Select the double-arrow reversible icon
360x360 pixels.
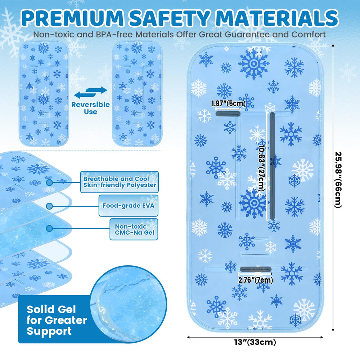(90, 93)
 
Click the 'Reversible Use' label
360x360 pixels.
(90, 108)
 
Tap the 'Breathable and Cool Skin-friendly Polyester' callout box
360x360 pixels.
(120, 182)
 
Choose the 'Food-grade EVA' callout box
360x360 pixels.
(129, 206)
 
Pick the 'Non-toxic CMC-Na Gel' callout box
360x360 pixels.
(134, 229)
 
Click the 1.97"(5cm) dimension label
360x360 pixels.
(228, 104)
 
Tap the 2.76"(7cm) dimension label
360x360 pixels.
(256, 280)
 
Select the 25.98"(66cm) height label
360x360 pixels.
(338, 180)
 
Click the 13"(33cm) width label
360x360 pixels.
(255, 342)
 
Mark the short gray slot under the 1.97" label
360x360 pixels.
(228, 114)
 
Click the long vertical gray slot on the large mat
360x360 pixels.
(272, 166)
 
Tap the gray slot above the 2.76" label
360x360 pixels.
(256, 269)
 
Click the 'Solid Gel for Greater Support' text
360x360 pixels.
(57, 320)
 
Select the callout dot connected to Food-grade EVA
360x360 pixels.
(49, 206)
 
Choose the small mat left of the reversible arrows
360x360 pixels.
(44, 94)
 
